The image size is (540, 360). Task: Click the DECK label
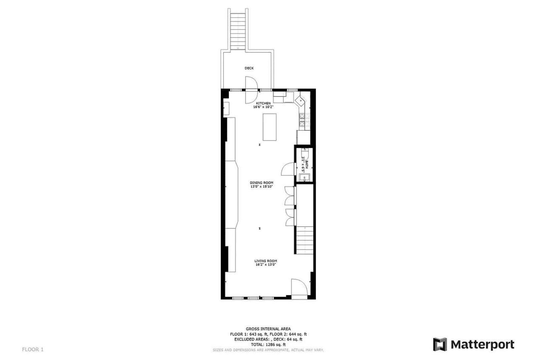249,68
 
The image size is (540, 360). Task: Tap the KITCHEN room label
263,103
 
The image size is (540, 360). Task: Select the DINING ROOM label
261,183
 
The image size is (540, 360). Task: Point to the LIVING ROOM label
265,261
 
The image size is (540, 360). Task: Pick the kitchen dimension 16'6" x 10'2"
263,107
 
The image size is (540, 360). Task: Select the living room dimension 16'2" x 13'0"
265,265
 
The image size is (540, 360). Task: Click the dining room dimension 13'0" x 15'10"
261,187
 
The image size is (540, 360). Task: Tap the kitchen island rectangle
269,127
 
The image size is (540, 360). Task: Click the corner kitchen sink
301,100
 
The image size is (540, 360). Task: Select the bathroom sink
304,178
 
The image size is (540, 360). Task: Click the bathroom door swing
288,169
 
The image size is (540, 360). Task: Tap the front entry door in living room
299,287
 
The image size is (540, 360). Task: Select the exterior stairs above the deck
238,30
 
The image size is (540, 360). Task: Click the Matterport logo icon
440,344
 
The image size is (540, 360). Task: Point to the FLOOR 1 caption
33,349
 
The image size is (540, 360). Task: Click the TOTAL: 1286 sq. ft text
268,344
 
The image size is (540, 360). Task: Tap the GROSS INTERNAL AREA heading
268,329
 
